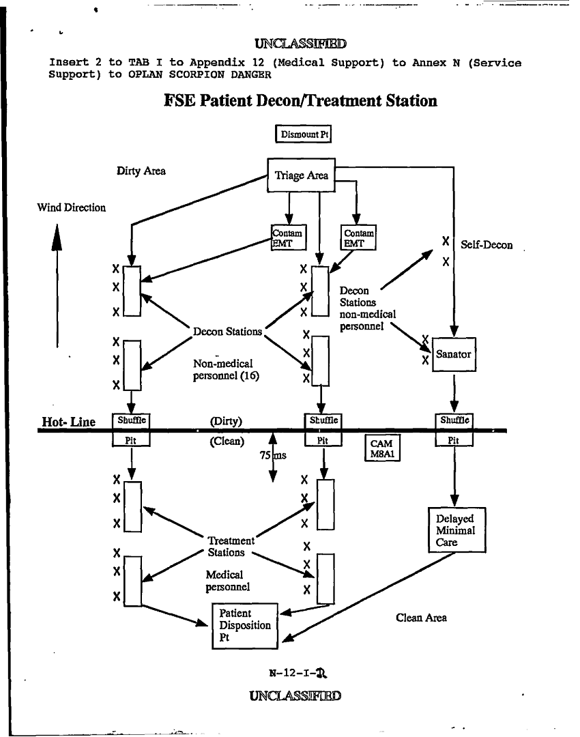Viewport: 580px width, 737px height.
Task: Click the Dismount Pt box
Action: coord(302,134)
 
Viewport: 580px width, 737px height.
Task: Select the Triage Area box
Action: coord(301,175)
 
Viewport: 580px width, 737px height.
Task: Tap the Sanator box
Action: coord(454,354)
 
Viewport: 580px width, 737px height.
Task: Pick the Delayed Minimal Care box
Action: coord(456,530)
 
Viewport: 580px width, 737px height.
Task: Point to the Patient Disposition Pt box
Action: coord(245,625)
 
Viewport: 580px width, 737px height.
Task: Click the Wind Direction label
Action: coord(72,207)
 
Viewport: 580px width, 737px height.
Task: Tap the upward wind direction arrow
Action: coord(57,287)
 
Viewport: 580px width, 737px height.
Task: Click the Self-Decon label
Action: coord(487,245)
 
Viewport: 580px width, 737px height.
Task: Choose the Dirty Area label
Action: coord(141,171)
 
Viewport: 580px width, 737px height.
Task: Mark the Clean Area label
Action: coord(421,618)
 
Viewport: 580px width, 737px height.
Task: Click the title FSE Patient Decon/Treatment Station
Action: coord(300,101)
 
